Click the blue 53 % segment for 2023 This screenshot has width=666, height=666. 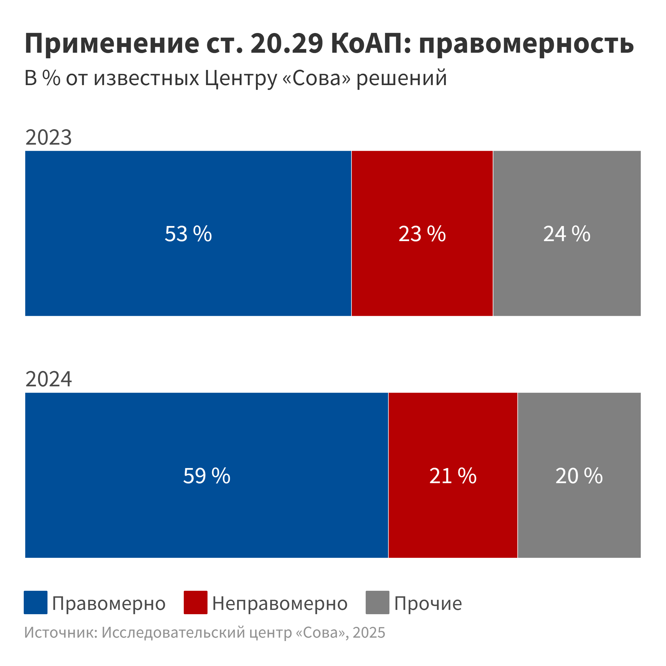[188, 233]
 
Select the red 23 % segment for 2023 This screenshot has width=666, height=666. [422, 233]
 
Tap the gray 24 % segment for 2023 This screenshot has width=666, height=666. [567, 233]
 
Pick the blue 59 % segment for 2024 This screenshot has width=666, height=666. [207, 475]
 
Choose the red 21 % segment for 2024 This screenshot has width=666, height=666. [453, 475]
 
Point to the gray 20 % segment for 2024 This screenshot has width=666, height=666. [579, 475]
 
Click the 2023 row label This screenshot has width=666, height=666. [49, 137]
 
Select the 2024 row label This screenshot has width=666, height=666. [49, 379]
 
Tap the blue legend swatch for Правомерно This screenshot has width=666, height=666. [35, 602]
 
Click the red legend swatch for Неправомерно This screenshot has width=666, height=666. [195, 602]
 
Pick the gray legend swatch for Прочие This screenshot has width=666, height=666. [377, 602]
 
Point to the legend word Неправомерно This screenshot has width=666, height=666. [280, 604]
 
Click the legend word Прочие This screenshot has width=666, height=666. [428, 604]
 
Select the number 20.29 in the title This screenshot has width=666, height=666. [287, 43]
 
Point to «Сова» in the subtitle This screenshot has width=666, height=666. [316, 78]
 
